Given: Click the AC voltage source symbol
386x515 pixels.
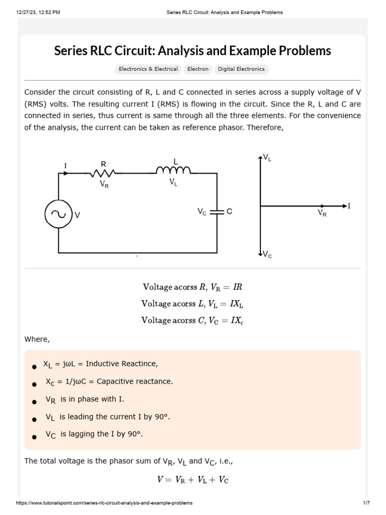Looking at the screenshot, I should pos(58,214).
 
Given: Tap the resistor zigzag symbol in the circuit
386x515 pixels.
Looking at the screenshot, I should pos(103,174).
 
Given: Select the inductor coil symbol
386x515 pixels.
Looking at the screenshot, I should pos(173,171).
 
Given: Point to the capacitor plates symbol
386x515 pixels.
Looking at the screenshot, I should pos(217,212).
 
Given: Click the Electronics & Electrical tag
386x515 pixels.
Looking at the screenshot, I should pos(148,69).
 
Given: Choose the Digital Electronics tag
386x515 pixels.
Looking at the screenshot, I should pos(241,69).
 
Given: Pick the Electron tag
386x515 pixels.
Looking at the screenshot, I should pos(198,69).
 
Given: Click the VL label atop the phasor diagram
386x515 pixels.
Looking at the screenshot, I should pos(267,158).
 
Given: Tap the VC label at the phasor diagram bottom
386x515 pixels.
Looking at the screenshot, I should pos(267,254).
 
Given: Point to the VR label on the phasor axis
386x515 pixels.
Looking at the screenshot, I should pos(322,213).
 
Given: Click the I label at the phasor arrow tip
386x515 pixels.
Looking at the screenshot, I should pos(349,206).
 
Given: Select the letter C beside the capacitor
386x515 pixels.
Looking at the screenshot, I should pos(229,212).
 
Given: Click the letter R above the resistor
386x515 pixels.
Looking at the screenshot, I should pos(103,164).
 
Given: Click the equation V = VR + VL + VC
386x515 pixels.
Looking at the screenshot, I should pos(193,480).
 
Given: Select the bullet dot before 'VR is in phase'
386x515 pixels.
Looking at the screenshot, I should pos(34,402).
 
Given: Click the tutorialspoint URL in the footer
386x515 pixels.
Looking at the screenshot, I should pos(105,503).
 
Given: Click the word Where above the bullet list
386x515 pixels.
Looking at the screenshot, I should pos(37,339).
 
